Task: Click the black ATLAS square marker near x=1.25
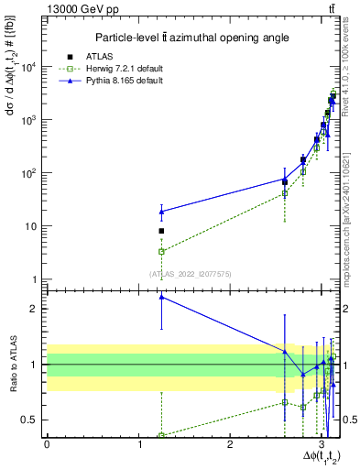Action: pyautogui.click(x=161, y=231)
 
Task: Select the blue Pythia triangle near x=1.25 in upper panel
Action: pyautogui.click(x=161, y=212)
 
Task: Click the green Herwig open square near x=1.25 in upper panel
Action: pyautogui.click(x=161, y=251)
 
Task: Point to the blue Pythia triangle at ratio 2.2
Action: pyautogui.click(x=161, y=297)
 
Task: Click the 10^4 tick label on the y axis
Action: pyautogui.click(x=30, y=67)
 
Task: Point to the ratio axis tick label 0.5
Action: pyautogui.click(x=33, y=420)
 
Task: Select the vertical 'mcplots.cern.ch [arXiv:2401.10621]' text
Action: pyautogui.click(x=348, y=211)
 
